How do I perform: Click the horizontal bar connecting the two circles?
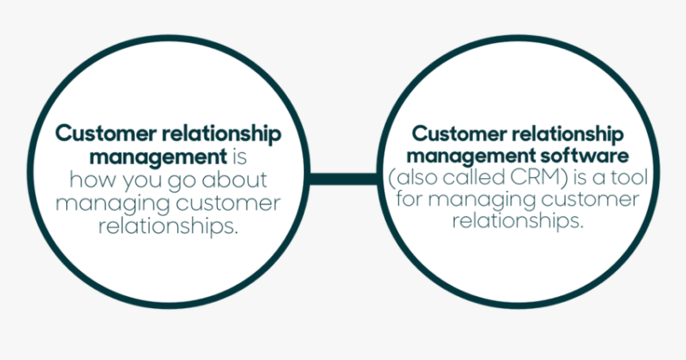click(343, 179)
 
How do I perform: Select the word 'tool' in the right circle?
click(629, 176)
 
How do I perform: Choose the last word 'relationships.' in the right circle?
click(518, 220)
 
